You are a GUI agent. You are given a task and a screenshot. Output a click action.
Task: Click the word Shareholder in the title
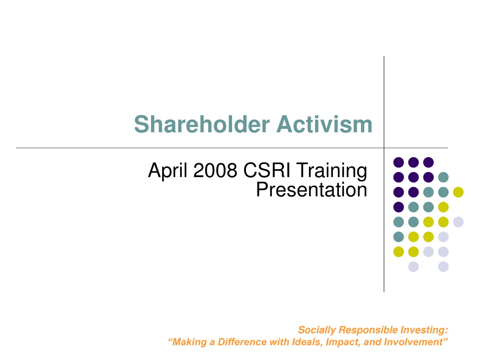click(202, 124)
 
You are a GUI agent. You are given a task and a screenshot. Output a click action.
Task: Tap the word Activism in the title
click(324, 124)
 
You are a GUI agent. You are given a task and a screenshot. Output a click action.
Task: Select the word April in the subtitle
click(167, 171)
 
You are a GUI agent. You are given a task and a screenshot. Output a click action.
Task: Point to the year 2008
click(215, 170)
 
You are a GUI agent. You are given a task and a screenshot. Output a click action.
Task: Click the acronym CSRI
click(266, 170)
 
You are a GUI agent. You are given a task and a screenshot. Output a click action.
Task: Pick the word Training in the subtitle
click(332, 171)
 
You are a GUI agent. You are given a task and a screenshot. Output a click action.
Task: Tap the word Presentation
click(312, 190)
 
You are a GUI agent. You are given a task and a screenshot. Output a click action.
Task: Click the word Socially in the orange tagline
click(317, 330)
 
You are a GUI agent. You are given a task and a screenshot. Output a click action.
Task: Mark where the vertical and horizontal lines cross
click(384, 148)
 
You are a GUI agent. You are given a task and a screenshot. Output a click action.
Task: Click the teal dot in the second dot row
click(443, 177)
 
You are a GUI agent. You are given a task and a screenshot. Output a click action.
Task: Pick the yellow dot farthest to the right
click(458, 192)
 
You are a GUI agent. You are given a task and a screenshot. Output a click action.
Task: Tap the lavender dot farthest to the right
click(458, 222)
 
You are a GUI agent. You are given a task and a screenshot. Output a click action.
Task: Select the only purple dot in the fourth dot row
click(398, 207)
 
